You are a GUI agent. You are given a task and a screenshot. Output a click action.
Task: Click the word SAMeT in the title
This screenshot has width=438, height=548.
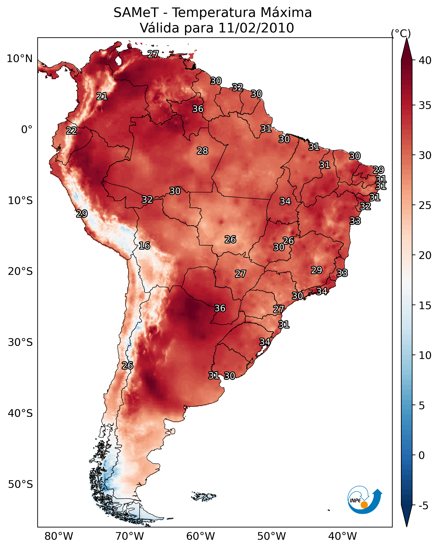click(x=136, y=13)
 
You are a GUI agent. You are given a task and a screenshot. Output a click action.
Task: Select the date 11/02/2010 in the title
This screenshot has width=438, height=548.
click(x=256, y=28)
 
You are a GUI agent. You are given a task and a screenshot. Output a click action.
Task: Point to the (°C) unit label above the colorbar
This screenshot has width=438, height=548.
click(x=401, y=33)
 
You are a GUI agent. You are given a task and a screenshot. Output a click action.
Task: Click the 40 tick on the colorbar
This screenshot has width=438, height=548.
click(x=425, y=60)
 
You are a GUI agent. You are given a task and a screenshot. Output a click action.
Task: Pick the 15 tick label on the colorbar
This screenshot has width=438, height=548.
click(x=425, y=306)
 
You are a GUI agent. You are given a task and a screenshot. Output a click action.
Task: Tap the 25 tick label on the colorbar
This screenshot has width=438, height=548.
click(x=425, y=206)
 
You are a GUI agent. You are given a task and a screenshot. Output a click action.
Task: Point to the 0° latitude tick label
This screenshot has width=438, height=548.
click(x=27, y=130)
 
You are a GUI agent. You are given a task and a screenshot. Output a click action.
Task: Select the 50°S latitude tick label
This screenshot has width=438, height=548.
click(x=20, y=484)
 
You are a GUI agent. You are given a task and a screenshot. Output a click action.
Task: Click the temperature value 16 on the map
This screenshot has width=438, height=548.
click(x=144, y=246)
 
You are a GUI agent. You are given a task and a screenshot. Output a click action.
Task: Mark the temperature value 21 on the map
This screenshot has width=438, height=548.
click(x=102, y=96)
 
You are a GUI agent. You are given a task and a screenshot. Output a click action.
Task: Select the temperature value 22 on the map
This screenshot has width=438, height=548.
click(x=71, y=131)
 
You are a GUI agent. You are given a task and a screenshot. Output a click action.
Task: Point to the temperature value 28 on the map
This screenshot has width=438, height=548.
click(x=203, y=151)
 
